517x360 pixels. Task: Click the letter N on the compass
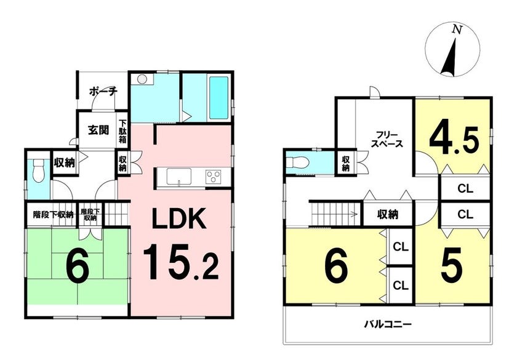coord(457,30)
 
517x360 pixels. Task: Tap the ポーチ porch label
coord(103,91)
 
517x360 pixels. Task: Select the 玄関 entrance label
coord(98,130)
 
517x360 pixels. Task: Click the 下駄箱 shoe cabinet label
coord(122,131)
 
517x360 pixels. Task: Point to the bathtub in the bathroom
coord(219,98)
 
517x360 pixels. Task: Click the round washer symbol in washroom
coord(142,79)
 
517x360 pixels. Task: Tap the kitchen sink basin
coord(178,177)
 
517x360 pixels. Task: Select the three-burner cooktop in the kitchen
coord(214,177)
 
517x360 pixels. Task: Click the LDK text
coord(178,218)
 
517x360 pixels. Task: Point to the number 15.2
coord(181,262)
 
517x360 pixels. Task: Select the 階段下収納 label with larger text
coord(53,215)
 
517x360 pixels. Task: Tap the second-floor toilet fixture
coord(297,162)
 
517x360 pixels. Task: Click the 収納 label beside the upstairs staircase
coord(388,215)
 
